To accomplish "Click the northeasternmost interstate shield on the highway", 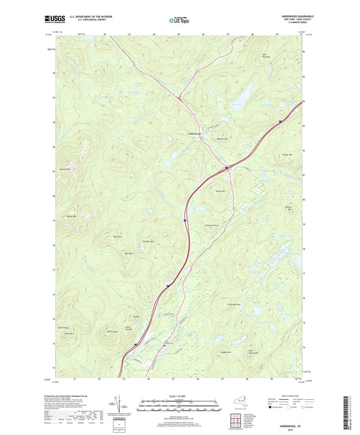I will (280, 122).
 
